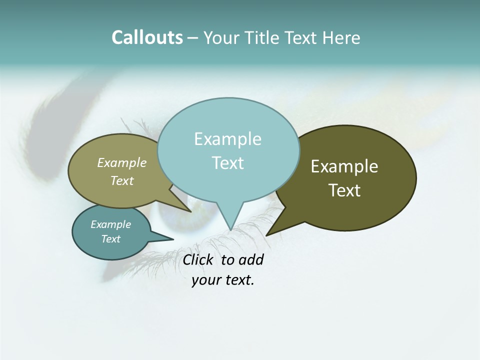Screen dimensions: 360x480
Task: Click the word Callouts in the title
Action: [x=147, y=37]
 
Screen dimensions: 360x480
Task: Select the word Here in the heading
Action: [x=341, y=37]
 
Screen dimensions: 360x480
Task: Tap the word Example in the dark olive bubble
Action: [x=344, y=166]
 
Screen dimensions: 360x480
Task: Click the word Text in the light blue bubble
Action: [x=228, y=163]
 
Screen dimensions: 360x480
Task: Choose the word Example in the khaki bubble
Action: [x=122, y=163]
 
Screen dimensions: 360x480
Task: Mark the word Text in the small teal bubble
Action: [x=111, y=239]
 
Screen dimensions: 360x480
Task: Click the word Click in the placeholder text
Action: [x=197, y=259]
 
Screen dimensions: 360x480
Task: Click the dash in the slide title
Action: [x=193, y=38]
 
